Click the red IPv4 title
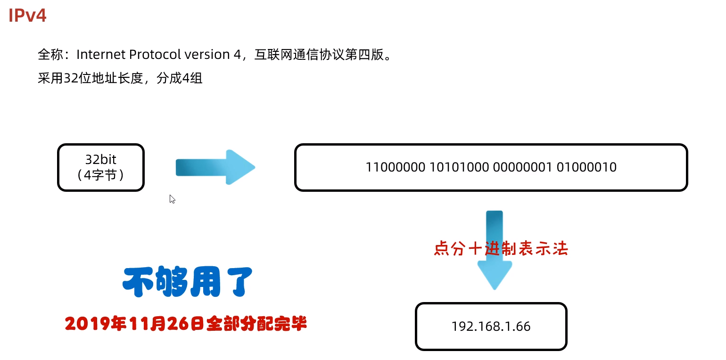pyautogui.click(x=27, y=16)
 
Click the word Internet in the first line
pyautogui.click(x=101, y=55)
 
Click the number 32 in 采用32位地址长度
pyautogui.click(x=70, y=78)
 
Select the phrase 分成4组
pyautogui.click(x=180, y=78)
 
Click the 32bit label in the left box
pyautogui.click(x=100, y=159)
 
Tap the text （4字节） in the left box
pyautogui.click(x=100, y=175)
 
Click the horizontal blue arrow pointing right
pyautogui.click(x=215, y=167)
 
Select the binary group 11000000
pyautogui.click(x=395, y=167)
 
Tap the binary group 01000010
pyautogui.click(x=586, y=167)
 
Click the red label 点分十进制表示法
pyautogui.click(x=501, y=249)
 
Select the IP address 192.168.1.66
pyautogui.click(x=491, y=327)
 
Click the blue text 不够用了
pyautogui.click(x=188, y=283)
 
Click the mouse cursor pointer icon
pyautogui.click(x=172, y=198)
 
